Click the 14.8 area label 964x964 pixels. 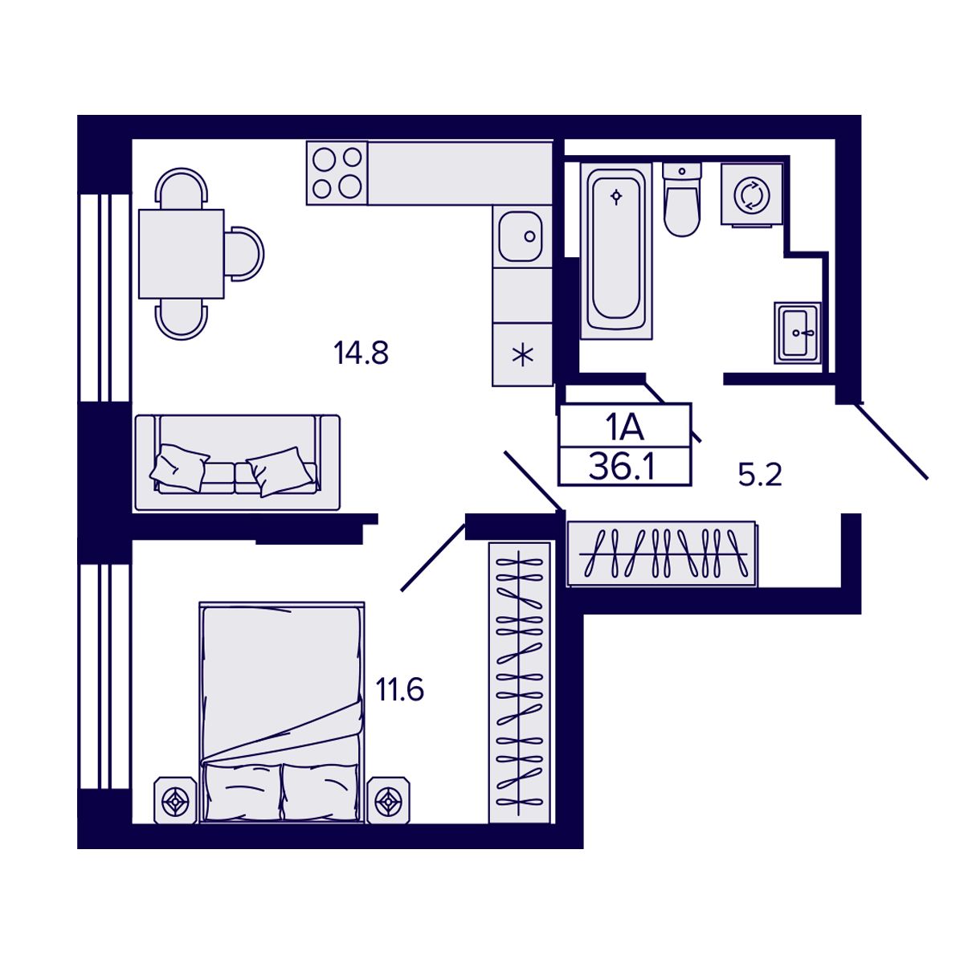(x=361, y=353)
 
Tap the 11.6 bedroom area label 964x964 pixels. (x=399, y=689)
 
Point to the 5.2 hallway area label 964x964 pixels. (x=760, y=476)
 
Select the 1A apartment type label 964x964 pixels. (x=624, y=427)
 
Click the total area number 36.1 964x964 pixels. (x=622, y=467)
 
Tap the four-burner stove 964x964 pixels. (x=337, y=174)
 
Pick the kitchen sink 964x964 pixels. (x=522, y=236)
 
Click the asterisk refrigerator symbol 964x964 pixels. (x=522, y=354)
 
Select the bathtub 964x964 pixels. (x=616, y=251)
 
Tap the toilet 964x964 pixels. (x=682, y=201)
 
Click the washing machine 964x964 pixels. (x=752, y=194)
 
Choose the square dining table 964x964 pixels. (x=181, y=254)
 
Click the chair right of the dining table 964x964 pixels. (x=244, y=254)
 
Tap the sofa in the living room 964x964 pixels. (x=237, y=463)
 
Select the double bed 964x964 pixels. (x=281, y=711)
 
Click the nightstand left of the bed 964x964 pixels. (x=175, y=800)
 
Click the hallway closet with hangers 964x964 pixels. (x=661, y=553)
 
